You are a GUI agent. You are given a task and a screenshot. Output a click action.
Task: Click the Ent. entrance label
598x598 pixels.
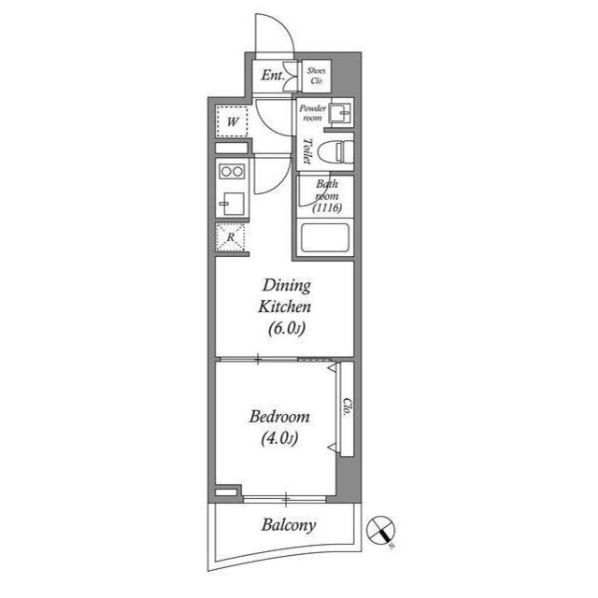click(273, 75)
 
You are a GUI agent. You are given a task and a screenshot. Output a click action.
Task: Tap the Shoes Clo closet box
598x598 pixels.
click(316, 76)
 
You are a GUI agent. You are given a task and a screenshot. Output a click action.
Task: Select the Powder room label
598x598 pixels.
click(312, 113)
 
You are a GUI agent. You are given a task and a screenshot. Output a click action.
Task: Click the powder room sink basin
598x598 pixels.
click(340, 112)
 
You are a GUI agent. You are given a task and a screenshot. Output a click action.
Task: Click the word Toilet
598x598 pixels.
click(307, 151)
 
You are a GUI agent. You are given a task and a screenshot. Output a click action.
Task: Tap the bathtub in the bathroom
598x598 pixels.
click(325, 237)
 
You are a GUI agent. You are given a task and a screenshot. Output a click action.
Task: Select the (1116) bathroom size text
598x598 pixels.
click(327, 207)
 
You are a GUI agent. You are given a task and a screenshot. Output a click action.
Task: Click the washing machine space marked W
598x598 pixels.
click(233, 121)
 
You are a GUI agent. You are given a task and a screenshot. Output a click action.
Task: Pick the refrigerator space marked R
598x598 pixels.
click(230, 237)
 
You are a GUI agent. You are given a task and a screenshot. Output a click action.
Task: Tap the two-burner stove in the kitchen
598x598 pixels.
click(232, 172)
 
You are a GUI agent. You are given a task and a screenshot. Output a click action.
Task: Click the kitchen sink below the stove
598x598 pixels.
click(233, 204)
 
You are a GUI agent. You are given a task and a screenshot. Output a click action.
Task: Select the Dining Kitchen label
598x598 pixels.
click(285, 296)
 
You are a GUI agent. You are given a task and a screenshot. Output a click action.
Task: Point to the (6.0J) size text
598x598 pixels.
click(287, 328)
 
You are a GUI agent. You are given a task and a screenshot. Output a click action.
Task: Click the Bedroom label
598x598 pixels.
click(279, 417)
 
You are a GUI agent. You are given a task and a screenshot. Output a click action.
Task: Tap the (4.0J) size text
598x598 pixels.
click(279, 438)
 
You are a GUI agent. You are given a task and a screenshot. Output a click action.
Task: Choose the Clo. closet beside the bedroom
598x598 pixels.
click(347, 408)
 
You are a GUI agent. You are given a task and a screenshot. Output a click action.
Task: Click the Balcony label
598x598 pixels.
click(289, 525)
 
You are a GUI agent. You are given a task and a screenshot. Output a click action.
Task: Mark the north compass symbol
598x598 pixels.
click(381, 531)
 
